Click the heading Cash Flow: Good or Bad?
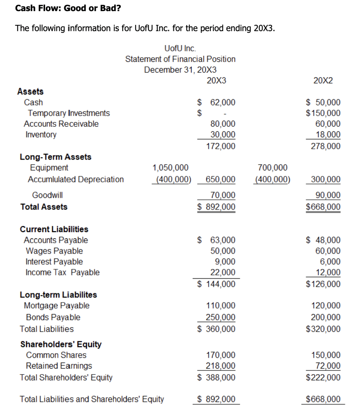coord(68,8)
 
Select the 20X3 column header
coord(216,81)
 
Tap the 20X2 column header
coord(323,81)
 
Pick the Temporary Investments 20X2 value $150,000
coord(323,113)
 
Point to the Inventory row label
coord(41,135)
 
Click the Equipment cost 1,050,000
coord(170,168)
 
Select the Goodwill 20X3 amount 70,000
coord(222,195)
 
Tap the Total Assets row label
coord(44,207)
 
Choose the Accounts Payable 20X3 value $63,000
coord(216,240)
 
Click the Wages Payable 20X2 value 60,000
coord(328,251)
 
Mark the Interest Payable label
coord(54,262)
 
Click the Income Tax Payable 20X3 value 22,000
coord(222,272)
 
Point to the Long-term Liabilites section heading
coord(58,295)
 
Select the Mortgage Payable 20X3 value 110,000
coord(221,306)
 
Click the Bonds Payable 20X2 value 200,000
coord(326,317)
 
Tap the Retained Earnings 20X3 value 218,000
coord(220,366)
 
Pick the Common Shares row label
coord(56,355)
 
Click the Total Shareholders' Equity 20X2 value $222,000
coord(323,377)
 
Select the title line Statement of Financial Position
coord(180,59)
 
